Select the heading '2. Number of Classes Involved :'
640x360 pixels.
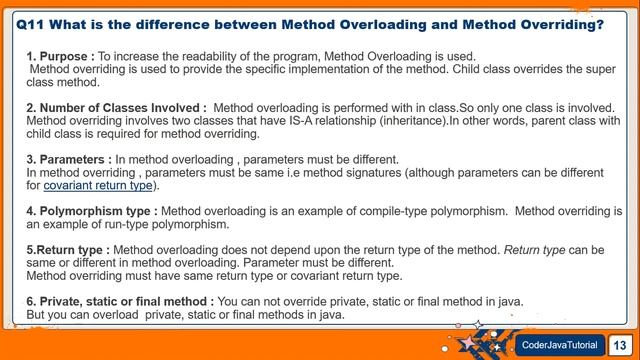tap(117, 107)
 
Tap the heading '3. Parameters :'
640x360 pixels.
tap(69, 159)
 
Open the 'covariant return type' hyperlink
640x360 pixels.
tap(98, 185)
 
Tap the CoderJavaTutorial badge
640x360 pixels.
tap(560, 345)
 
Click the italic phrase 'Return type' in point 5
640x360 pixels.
tap(536, 249)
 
